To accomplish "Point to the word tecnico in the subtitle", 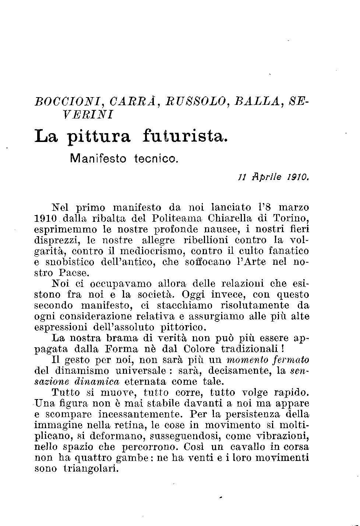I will [x=156, y=159].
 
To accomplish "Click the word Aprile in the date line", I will [x=267, y=177].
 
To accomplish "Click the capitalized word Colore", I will [x=199, y=349].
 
